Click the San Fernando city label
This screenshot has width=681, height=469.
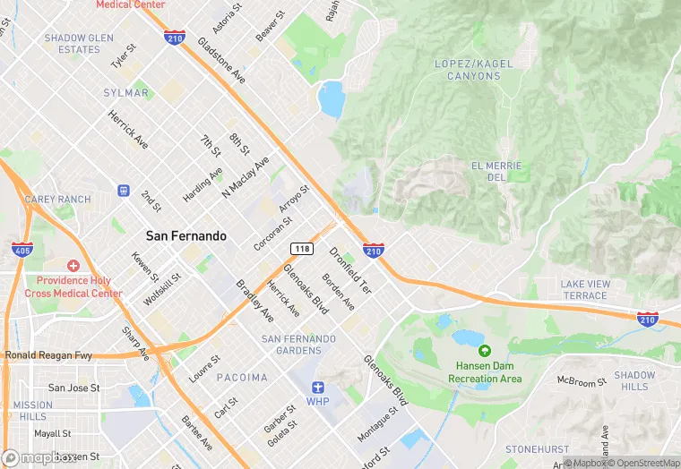186,236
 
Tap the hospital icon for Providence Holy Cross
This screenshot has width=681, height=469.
73,267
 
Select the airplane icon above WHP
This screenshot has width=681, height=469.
317,387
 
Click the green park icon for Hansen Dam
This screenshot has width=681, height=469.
485,352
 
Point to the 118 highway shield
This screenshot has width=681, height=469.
300,248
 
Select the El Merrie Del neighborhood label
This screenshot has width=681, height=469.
495,172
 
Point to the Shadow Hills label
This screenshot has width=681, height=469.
634,381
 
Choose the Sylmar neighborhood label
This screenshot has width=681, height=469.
127,93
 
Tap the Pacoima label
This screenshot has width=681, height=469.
240,378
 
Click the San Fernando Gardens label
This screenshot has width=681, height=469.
298,345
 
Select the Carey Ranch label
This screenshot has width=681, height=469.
58,200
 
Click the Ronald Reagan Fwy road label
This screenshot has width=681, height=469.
48,355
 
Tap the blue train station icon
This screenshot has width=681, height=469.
124,191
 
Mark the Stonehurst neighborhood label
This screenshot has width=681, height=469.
537,448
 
